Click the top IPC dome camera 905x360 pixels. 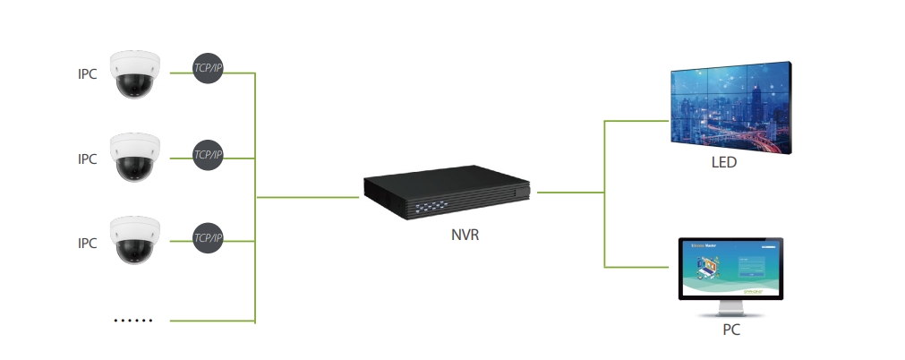pyautogui.click(x=135, y=74)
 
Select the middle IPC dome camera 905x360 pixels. pyautogui.click(x=135, y=157)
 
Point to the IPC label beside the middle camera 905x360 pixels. pyautogui.click(x=87, y=159)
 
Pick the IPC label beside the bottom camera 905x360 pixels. pyautogui.click(x=87, y=242)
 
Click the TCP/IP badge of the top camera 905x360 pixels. pyautogui.click(x=208, y=69)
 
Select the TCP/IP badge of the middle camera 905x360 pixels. pyautogui.click(x=208, y=155)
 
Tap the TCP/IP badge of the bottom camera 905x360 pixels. pyautogui.click(x=208, y=238)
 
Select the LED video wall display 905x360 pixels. pyautogui.click(x=732, y=106)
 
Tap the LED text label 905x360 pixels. pyautogui.click(x=723, y=163)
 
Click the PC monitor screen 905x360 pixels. pyautogui.click(x=731, y=269)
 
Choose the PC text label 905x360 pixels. pyautogui.click(x=731, y=330)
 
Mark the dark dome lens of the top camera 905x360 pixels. pyautogui.click(x=135, y=86)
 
